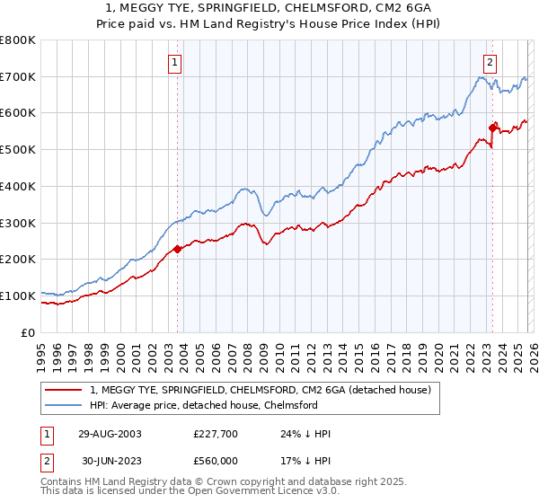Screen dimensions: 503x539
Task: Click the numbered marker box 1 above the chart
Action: click(176, 62)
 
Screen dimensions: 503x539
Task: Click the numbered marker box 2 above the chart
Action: click(490, 62)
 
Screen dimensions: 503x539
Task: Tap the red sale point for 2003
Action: click(177, 249)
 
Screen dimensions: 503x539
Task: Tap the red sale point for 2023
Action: click(492, 127)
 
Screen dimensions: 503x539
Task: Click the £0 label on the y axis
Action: click(29, 332)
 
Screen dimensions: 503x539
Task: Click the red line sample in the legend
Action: click(64, 390)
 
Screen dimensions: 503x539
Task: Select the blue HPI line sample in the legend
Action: click(64, 405)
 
